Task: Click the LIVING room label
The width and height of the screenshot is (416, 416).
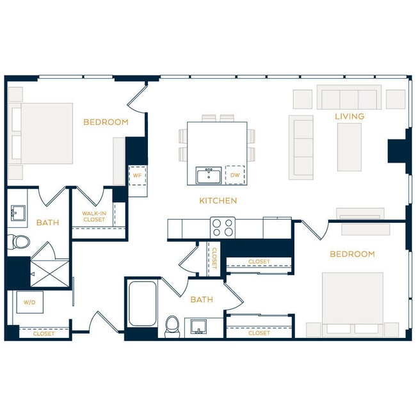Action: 349,116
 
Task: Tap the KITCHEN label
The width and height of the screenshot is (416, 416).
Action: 218,201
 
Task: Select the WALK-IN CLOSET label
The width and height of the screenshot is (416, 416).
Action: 93,216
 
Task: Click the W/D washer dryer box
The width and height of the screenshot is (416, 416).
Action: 29,302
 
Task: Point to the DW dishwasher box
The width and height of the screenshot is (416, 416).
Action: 235,175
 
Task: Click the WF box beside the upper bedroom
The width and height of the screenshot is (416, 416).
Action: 137,175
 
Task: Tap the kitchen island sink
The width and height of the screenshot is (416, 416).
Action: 209,175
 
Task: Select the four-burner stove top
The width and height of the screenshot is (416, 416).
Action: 223,227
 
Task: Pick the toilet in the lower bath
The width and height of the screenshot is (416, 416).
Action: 172,325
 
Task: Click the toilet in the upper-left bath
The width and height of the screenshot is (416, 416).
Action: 20,241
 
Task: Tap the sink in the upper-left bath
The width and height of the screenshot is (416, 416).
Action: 18,214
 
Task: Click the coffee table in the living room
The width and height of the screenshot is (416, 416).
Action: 349,147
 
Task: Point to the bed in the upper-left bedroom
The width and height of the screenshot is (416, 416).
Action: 40,132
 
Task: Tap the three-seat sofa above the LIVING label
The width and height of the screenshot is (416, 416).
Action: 349,99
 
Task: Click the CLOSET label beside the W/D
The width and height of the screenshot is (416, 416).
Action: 44,333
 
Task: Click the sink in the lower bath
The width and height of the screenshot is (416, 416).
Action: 198,327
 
